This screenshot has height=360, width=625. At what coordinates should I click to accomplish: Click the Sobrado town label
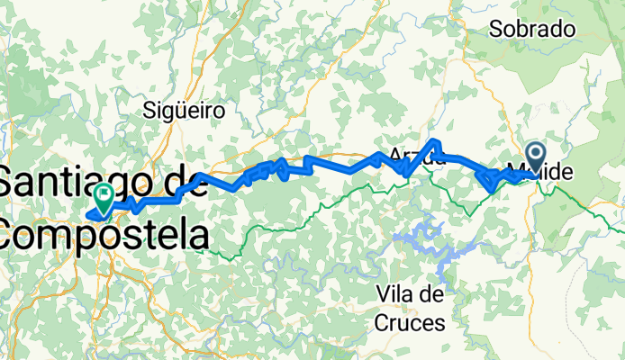pos(531,29)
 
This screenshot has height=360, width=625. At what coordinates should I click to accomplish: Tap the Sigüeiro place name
pos(184,111)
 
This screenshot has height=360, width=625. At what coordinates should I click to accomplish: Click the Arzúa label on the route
pos(417,157)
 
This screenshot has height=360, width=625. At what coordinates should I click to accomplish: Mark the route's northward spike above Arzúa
pos(435,143)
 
